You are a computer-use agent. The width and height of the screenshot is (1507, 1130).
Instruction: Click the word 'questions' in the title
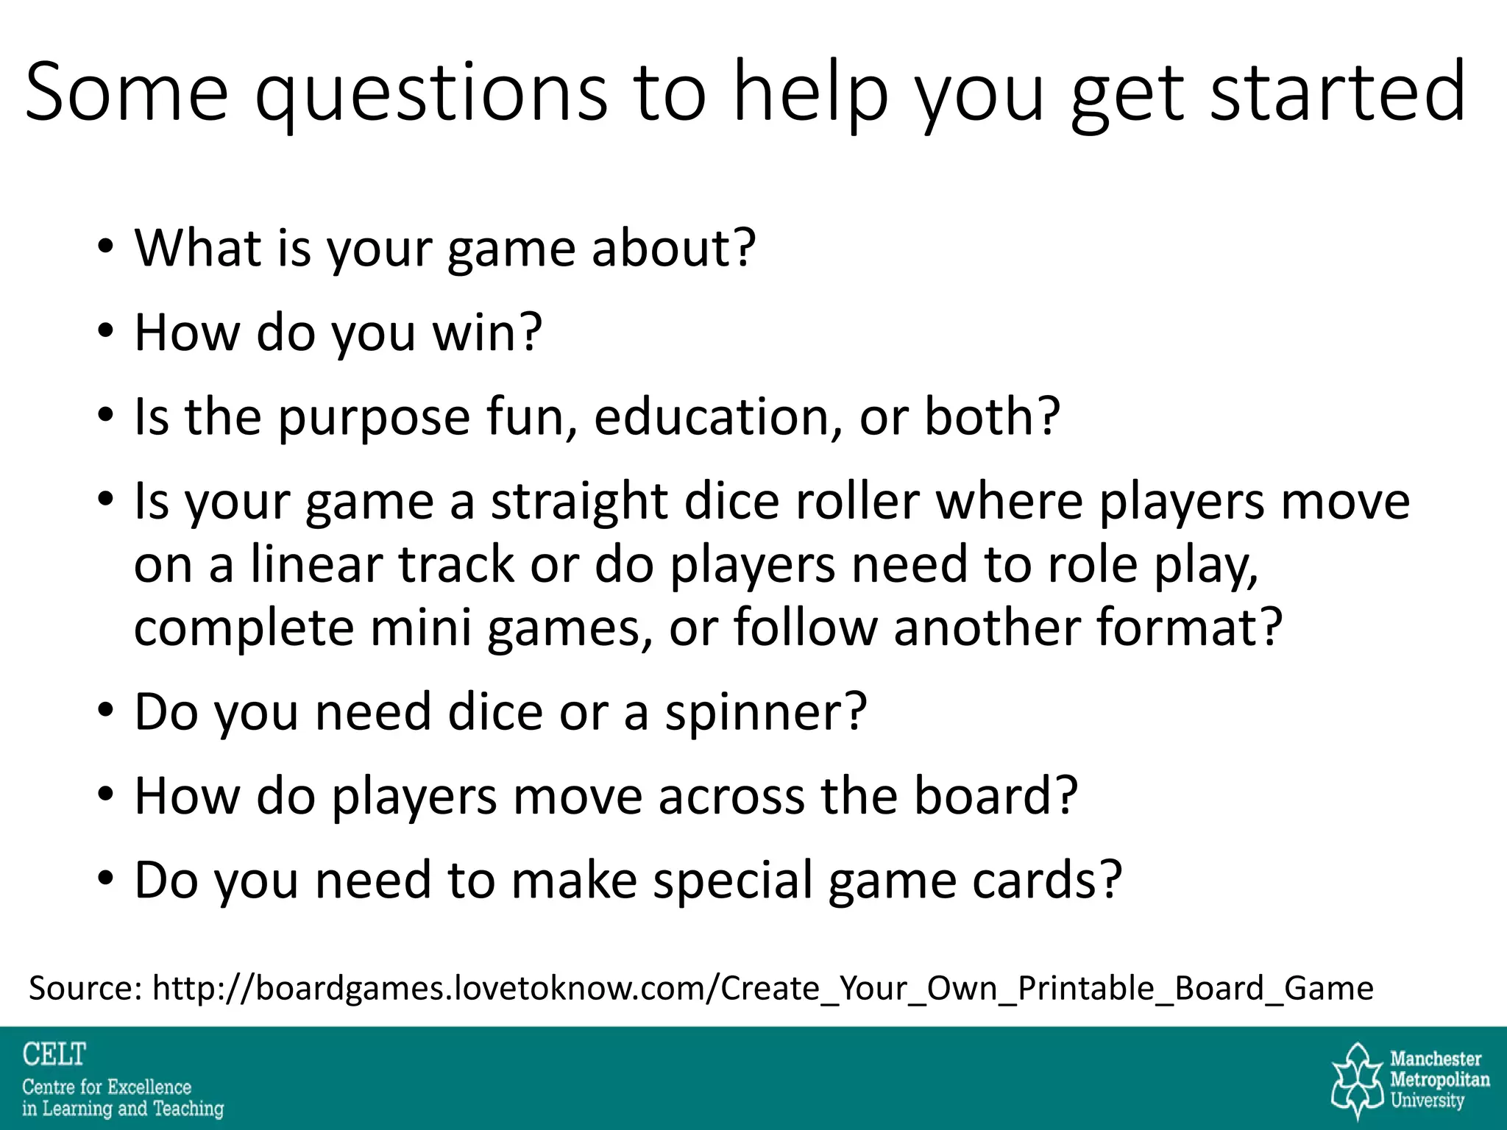point(431,94)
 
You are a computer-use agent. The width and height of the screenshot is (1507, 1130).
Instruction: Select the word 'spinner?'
point(765,712)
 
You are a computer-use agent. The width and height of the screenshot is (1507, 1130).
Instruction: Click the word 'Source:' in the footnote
point(85,988)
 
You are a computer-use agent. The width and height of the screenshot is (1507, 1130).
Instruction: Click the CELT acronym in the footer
point(54,1055)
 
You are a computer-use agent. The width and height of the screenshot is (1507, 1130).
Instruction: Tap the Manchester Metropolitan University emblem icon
point(1358,1080)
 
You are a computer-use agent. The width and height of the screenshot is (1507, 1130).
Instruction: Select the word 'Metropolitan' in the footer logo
point(1439,1080)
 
